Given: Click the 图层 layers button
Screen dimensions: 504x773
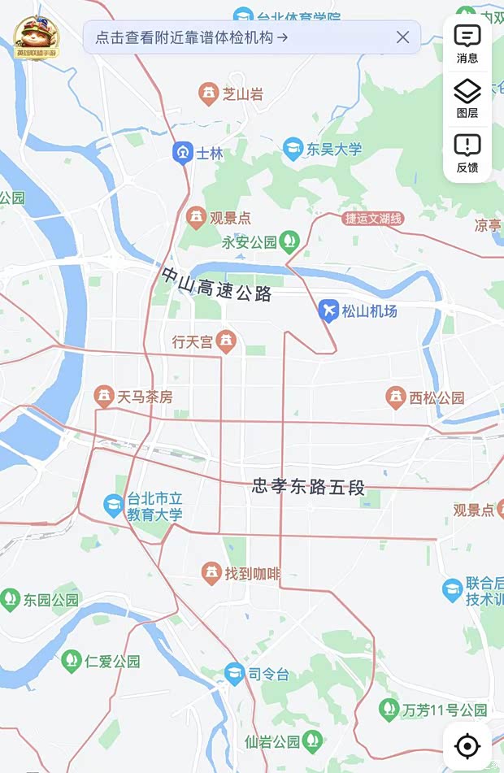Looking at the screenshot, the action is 467,98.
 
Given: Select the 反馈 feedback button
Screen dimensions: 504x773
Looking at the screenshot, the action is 467,152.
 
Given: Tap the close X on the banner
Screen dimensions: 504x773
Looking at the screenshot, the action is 402,37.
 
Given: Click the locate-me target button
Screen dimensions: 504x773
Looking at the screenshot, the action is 467,745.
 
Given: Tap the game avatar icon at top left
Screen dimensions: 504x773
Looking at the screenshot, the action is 37,37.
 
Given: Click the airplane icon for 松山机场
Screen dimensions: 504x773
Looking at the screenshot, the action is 328,310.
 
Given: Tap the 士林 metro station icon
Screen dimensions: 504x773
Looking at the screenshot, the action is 182,152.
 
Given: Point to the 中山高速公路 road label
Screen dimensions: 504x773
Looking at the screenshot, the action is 216,285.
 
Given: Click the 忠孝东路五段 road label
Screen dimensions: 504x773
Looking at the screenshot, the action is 308,487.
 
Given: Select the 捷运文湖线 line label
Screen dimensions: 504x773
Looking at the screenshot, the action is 373,218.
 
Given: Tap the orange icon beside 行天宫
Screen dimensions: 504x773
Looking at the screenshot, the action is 227,342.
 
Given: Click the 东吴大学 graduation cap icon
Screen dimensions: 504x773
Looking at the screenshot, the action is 293,149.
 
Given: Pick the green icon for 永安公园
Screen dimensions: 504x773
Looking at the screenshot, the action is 289,241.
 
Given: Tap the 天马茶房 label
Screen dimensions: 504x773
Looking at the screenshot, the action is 145,397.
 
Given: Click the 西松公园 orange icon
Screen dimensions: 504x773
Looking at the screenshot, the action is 396,397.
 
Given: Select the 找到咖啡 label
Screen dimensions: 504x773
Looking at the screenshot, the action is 252,574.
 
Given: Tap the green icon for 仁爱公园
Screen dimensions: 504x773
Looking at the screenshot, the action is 72,660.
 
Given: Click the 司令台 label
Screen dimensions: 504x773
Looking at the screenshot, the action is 268,674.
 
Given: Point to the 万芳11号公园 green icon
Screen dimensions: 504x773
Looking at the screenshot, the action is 389,710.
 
